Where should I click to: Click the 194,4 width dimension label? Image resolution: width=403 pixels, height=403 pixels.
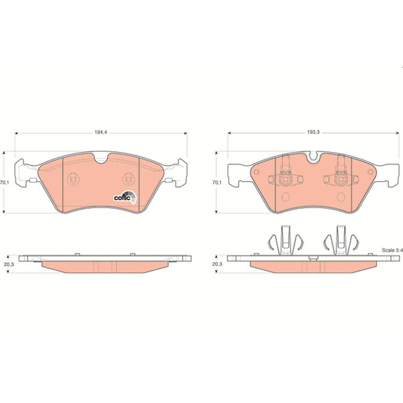point(101,133)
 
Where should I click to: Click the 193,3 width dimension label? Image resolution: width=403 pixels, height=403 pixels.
point(313,133)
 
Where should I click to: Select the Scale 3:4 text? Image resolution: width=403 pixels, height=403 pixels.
point(392,250)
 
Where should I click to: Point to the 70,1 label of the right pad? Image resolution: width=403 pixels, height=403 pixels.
point(216,183)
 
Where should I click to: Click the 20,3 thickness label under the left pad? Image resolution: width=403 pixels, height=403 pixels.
point(9,264)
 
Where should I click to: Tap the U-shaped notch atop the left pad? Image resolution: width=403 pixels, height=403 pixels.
point(101,158)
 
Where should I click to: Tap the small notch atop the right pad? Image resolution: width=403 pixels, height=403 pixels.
point(313,156)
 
